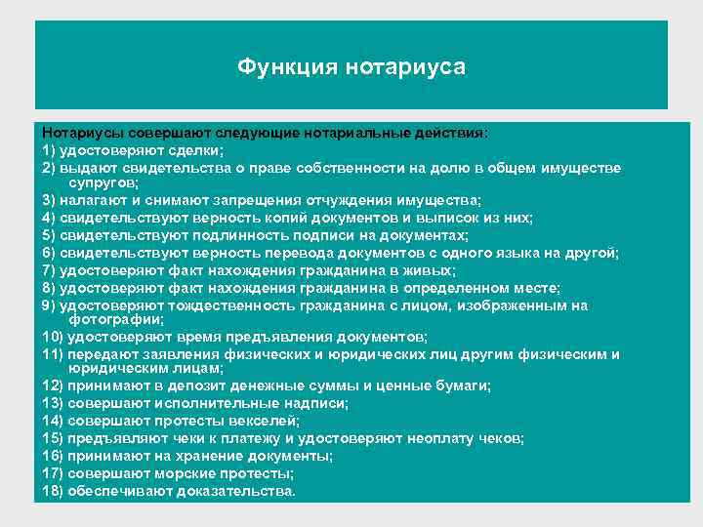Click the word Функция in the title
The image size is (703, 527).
coord(284,67)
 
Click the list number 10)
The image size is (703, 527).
coord(54,335)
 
